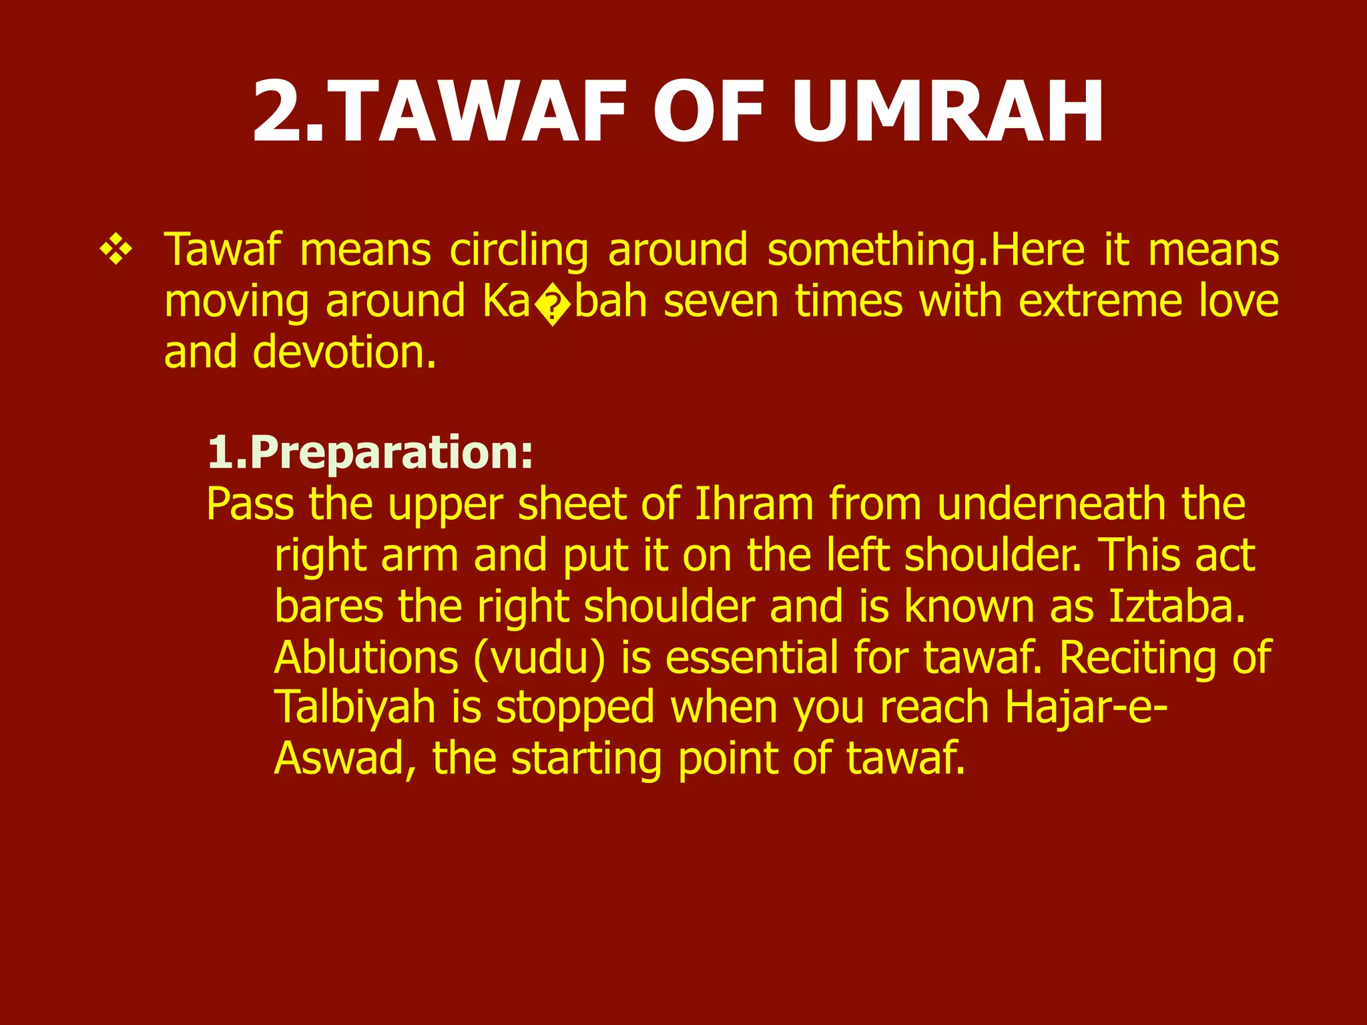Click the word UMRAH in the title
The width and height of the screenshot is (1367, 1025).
(x=948, y=111)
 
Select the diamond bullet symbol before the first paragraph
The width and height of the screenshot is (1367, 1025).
(x=116, y=252)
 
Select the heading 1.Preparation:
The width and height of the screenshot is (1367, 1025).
(x=370, y=453)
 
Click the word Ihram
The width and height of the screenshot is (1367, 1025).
(x=754, y=504)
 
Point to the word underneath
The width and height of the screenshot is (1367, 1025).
(x=1051, y=504)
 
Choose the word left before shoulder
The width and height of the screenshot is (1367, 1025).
(x=857, y=555)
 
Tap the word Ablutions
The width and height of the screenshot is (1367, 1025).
(x=366, y=657)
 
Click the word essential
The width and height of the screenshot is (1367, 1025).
(x=751, y=657)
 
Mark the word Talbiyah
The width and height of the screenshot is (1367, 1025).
(x=354, y=708)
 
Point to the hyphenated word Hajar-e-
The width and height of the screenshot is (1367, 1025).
(x=1087, y=708)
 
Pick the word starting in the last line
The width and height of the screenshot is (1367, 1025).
(x=586, y=761)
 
